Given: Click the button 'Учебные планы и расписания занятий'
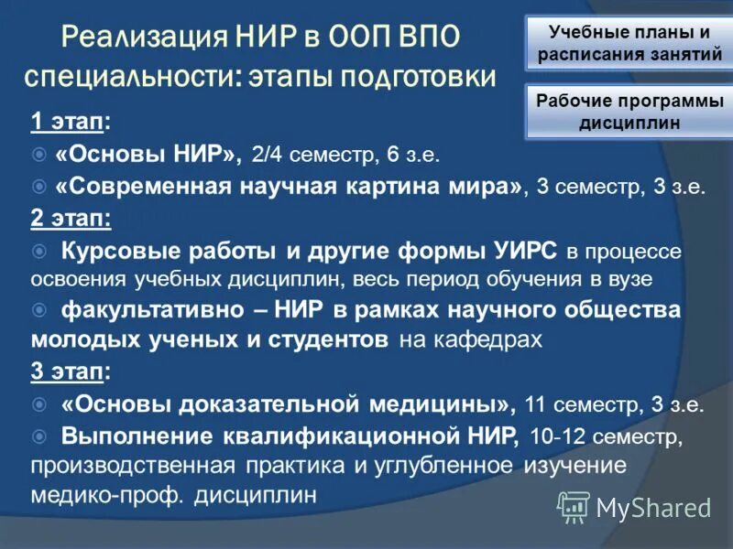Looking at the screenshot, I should coord(629,43).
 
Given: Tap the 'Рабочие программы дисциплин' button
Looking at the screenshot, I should coord(629,112).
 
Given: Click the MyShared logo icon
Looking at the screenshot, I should coord(574,506).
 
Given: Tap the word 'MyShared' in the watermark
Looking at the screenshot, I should coord(653,507).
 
